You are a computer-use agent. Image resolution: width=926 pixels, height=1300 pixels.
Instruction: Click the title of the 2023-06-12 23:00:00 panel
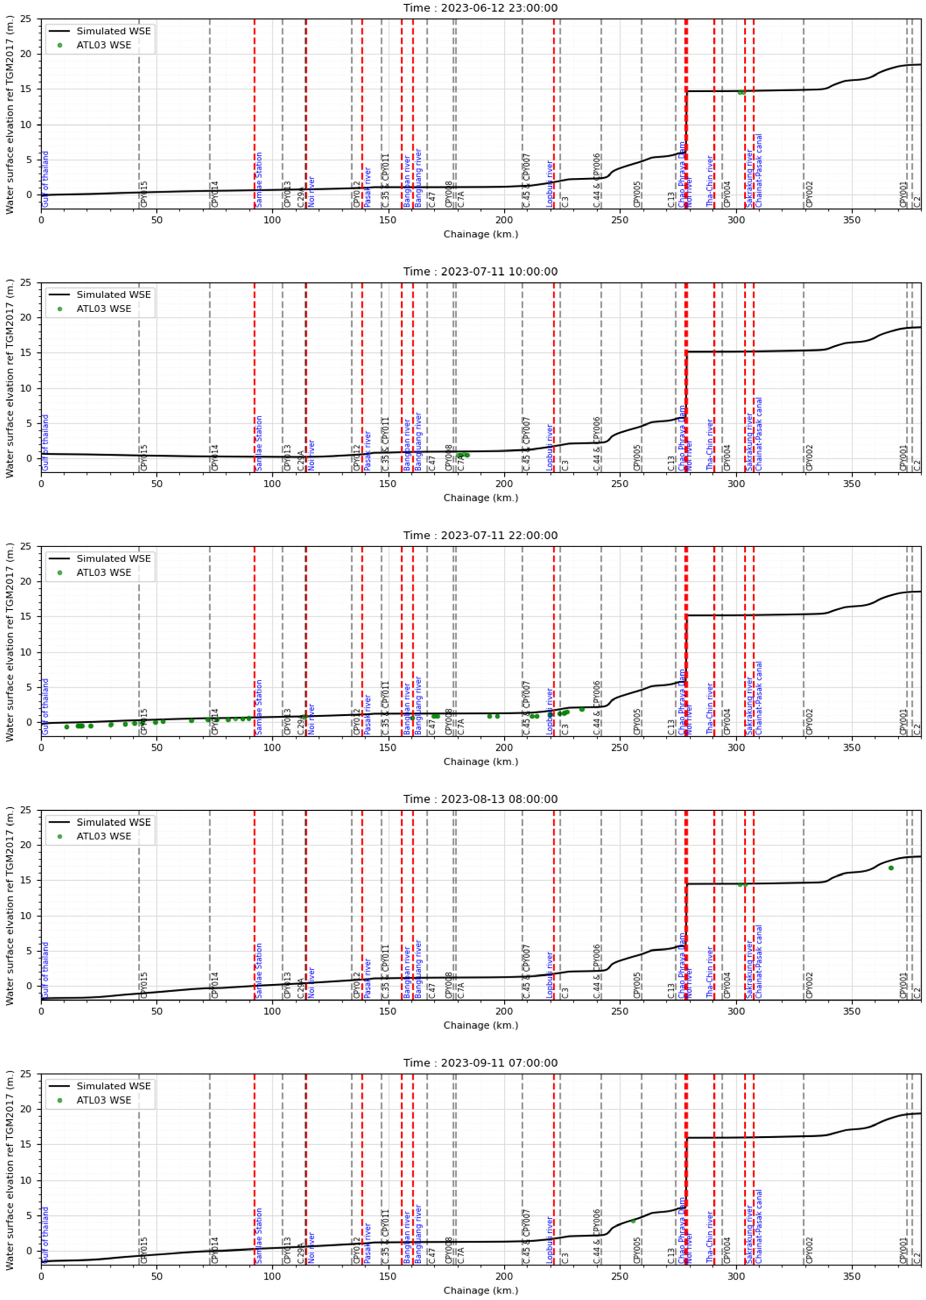[480, 8]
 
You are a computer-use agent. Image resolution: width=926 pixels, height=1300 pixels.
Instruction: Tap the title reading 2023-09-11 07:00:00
[480, 1063]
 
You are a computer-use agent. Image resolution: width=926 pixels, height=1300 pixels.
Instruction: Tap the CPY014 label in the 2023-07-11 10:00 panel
[215, 458]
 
